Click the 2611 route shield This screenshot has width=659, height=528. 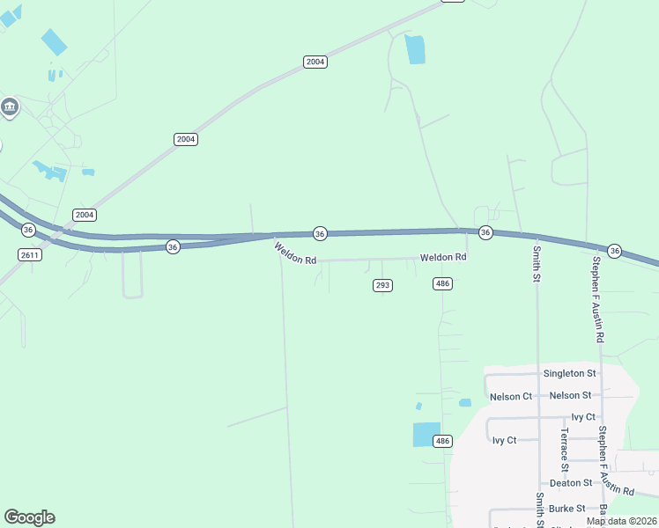29,253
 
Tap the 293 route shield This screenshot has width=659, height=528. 382,285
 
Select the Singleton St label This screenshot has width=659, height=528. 569,373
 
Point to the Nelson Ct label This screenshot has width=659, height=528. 511,396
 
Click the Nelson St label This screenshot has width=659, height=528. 570,396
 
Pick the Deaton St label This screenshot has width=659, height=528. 570,483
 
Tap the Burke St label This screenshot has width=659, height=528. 567,509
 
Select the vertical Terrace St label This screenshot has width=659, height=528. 564,450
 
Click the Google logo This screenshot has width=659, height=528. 29,517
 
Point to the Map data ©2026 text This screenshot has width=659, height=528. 621,521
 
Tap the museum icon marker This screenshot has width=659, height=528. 10,107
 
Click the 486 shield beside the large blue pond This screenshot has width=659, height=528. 442,441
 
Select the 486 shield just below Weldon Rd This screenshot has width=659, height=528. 442,282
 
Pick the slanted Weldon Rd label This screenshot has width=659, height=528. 294,254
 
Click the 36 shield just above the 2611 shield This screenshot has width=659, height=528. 28,230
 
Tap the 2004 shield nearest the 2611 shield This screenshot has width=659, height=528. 85,215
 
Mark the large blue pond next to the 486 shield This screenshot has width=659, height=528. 426,435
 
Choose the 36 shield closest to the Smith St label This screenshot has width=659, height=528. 485,232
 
